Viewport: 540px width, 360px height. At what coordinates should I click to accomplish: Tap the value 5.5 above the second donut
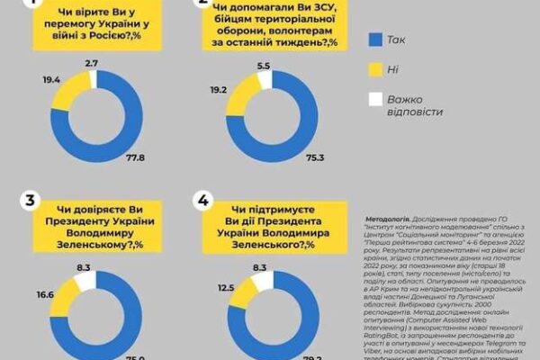coord(263,67)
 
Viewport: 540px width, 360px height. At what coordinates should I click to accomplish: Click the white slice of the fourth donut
coord(261,281)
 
